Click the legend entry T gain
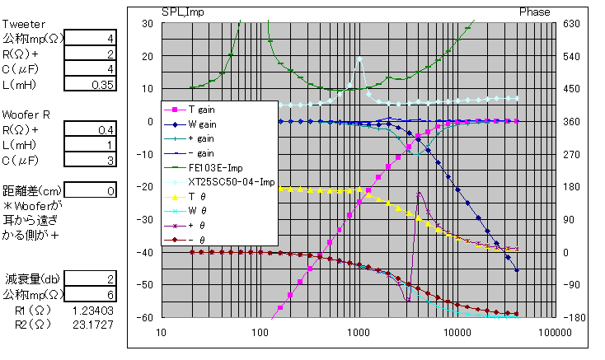click(203, 109)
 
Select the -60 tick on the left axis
click(144, 317)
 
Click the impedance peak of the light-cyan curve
click(359, 58)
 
